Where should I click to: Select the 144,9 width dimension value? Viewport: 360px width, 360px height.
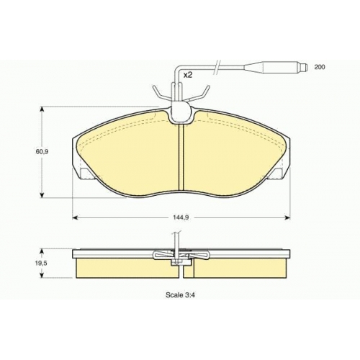tap(181, 217)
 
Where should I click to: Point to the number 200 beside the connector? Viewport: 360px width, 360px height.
tap(320, 67)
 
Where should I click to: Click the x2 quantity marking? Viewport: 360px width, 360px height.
tap(188, 76)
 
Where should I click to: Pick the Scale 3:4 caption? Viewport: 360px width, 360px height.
tap(180, 295)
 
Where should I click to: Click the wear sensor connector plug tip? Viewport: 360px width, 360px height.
tap(304, 67)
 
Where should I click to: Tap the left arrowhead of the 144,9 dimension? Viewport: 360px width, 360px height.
tap(75, 217)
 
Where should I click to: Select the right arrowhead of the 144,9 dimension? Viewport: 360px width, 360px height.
tap(287, 217)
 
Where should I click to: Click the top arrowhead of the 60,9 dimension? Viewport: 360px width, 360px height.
tap(42, 109)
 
